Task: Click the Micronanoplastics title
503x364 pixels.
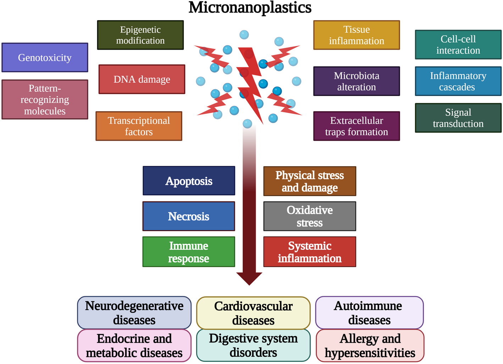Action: pyautogui.click(x=250, y=7)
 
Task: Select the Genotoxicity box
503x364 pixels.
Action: pyautogui.click(x=45, y=57)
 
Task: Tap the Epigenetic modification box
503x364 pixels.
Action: pyautogui.click(x=140, y=35)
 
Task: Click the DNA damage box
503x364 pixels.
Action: pyautogui.click(x=142, y=79)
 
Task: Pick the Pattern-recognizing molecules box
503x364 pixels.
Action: pyautogui.click(x=45, y=100)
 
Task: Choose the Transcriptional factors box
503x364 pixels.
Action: pyautogui.click(x=139, y=126)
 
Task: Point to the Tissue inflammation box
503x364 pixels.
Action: pyautogui.click(x=356, y=35)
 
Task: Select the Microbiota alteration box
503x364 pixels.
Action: pyautogui.click(x=356, y=81)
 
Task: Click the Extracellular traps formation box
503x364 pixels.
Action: pyautogui.click(x=356, y=126)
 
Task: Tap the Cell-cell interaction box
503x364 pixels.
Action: pyautogui.click(x=458, y=45)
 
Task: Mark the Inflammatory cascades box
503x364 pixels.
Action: pyautogui.click(x=458, y=81)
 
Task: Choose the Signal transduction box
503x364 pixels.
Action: pyautogui.click(x=458, y=118)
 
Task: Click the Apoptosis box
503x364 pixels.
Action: pyautogui.click(x=189, y=181)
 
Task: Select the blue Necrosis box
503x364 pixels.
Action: pyautogui.click(x=189, y=216)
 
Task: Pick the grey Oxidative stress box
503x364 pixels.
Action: pyautogui.click(x=310, y=216)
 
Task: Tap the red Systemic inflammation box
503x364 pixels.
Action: pyautogui.click(x=310, y=252)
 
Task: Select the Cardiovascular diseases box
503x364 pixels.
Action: pyautogui.click(x=253, y=313)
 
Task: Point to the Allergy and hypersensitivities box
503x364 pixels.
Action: pyautogui.click(x=370, y=346)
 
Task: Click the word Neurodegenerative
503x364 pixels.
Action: pyautogui.click(x=134, y=306)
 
